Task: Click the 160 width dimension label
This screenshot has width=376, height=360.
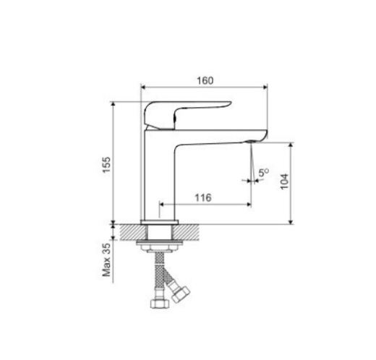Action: [205, 81]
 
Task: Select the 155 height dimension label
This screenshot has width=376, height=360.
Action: [106, 165]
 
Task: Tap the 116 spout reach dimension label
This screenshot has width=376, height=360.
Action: [203, 198]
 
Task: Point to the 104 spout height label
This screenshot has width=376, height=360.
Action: [284, 181]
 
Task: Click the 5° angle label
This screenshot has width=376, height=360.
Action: [264, 173]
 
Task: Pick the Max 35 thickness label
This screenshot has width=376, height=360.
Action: [106, 260]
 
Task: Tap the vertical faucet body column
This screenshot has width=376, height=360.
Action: [158, 175]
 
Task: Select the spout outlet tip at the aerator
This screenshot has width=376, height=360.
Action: [251, 142]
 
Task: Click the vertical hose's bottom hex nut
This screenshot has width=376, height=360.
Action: [160, 303]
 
